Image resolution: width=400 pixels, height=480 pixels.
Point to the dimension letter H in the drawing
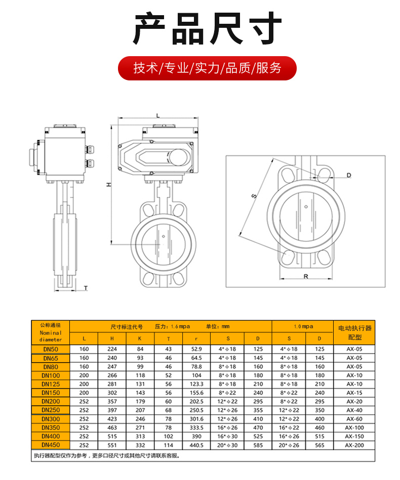coord(108,185)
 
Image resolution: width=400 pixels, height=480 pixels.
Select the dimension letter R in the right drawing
coord(306,276)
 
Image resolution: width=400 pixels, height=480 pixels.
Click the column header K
coord(140,338)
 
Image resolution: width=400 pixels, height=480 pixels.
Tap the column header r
coord(196,338)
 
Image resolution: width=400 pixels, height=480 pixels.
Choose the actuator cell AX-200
coord(354,445)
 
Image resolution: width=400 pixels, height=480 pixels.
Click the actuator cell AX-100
coord(354,428)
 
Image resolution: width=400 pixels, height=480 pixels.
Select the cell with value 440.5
coord(196,445)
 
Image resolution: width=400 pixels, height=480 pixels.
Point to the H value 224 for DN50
coord(112,350)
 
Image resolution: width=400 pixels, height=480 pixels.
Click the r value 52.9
coord(196,350)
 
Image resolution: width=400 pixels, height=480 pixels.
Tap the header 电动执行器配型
coord(354,332)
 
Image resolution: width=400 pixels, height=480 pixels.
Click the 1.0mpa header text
coord(303,327)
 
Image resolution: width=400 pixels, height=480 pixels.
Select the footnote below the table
coord(106,456)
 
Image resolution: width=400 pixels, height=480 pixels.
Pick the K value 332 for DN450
coord(140,445)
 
